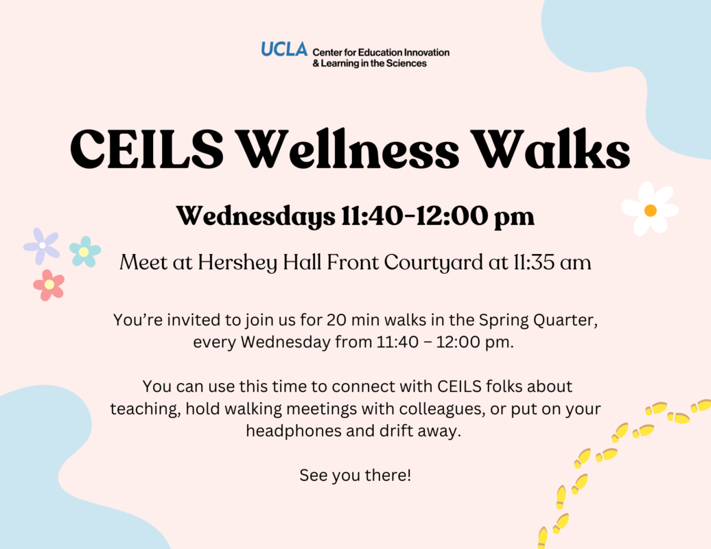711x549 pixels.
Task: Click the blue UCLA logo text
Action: tap(284, 49)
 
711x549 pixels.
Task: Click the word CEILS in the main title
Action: tap(147, 149)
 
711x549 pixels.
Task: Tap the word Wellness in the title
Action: tap(348, 149)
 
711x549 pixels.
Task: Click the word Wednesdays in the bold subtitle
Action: tap(256, 217)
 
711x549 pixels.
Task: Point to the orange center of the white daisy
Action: tap(650, 211)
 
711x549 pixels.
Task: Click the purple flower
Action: tap(42, 246)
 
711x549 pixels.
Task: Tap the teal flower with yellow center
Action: tap(85, 252)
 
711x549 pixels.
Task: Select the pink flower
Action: tap(49, 285)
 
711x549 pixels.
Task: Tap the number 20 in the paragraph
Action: tap(336, 320)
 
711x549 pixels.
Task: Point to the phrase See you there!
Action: tap(355, 476)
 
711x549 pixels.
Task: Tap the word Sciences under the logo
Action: tap(406, 63)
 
